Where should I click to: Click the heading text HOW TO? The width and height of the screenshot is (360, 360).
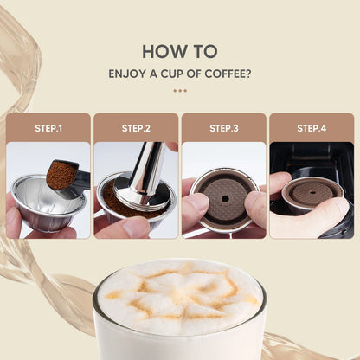click(x=179, y=51)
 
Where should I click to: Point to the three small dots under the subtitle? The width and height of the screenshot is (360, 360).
click(x=179, y=89)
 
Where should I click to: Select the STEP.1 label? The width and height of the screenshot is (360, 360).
click(x=48, y=128)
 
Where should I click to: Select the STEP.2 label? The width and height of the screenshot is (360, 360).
click(x=136, y=128)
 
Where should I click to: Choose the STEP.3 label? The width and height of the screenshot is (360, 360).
click(x=223, y=128)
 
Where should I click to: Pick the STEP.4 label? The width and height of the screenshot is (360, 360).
click(x=311, y=128)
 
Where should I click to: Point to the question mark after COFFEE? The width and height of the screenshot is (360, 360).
click(x=249, y=74)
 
